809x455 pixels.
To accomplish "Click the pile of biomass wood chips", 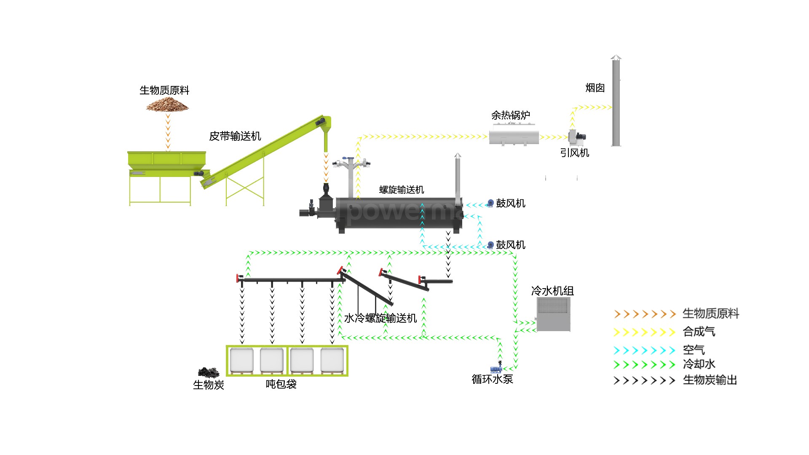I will point(167,104).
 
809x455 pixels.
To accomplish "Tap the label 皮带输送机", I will point(235,136).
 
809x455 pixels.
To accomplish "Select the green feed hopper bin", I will point(166,159).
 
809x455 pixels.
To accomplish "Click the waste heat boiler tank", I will point(514,137).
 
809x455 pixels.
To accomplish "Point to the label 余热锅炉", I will point(511,115).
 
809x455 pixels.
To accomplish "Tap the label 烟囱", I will point(595,88).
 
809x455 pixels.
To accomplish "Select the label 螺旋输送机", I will point(402,190).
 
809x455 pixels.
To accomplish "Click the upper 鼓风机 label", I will point(511,203).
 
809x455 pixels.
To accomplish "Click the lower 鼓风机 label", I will point(511,245).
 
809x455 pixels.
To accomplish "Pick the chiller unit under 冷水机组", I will point(553,314).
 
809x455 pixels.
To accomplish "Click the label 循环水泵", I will point(492,379).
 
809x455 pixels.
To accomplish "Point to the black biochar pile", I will point(209,372).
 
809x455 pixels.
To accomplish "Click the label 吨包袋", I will point(281,384).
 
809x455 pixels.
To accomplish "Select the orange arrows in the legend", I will point(645,314).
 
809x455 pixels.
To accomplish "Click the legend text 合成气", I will point(699,332).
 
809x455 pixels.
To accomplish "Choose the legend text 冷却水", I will point(699,364).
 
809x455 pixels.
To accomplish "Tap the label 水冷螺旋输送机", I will point(380,318).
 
